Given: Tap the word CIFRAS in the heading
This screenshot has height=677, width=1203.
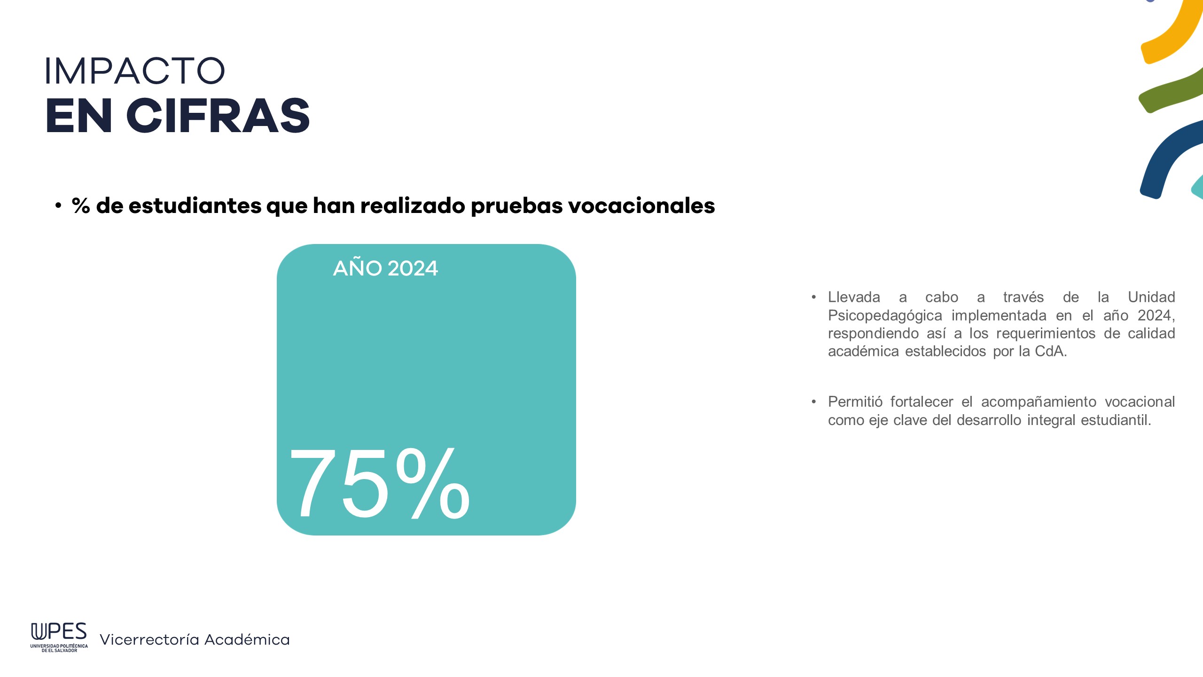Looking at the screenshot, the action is point(218,116).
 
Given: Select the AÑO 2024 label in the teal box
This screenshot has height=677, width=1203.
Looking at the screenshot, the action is point(385,268).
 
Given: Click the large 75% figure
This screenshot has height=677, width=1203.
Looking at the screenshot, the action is point(380,483).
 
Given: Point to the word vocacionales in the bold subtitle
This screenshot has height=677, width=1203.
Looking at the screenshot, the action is point(641,205).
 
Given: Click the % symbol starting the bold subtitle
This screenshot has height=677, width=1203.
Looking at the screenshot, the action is point(81,205).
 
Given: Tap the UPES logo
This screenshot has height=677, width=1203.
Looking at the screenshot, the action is point(59,637).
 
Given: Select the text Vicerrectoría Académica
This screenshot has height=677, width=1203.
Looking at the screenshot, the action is point(195,639).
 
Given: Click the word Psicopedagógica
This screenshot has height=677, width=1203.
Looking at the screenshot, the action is point(885,316).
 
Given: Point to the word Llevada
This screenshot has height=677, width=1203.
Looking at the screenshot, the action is point(854,297).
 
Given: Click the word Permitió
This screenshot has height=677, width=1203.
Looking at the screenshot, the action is point(855,402).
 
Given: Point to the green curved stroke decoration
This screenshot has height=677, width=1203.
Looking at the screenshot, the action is point(1170,92).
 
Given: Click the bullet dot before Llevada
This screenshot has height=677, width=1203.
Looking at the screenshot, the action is point(813,297).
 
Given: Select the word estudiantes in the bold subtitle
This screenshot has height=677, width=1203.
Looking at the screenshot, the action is point(195,205).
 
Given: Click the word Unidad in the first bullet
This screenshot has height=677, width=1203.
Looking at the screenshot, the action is point(1151,297).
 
